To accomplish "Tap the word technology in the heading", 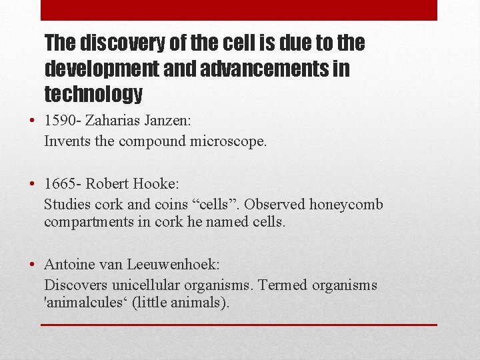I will pyautogui.click(x=93, y=94).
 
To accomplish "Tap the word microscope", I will pyautogui.click(x=230, y=141).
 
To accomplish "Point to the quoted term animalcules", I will pyautogui.click(x=85, y=303).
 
